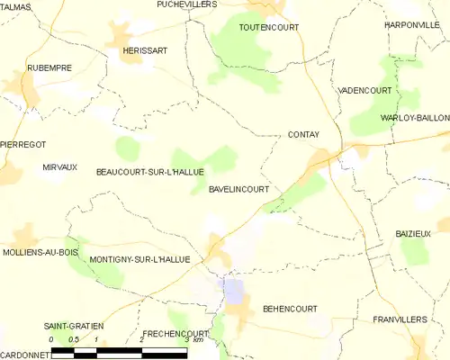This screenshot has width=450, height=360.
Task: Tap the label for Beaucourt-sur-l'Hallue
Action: point(150,171)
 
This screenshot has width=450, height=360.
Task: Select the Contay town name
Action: point(304,134)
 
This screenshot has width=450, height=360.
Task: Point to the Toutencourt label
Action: point(268,28)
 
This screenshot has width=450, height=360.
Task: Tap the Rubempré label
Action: point(49,67)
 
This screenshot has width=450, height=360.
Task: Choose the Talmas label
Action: point(16,6)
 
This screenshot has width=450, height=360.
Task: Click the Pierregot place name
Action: point(23,144)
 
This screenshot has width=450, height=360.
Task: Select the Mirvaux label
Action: point(60,167)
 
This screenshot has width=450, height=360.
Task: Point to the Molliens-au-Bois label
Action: point(41,252)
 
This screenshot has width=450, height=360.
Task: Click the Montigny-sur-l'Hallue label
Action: point(139,259)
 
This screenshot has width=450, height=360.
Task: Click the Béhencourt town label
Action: point(290,309)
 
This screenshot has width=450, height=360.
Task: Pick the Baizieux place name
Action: point(414,233)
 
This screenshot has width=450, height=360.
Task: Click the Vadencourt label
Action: point(366,91)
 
